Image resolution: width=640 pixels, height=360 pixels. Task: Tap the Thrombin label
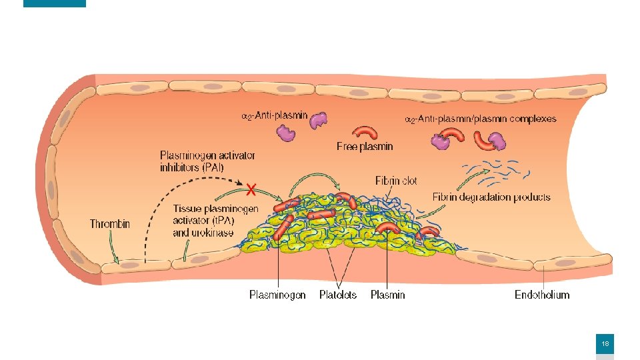[110, 224]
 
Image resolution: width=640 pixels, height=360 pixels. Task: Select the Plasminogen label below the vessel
[277, 294]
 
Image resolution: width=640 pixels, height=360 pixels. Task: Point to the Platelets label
[338, 294]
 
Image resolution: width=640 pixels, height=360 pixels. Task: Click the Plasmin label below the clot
[387, 294]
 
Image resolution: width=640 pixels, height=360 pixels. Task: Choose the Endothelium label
[542, 294]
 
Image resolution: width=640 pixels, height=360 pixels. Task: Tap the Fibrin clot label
[396, 181]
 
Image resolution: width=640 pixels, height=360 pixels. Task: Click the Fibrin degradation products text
[491, 197]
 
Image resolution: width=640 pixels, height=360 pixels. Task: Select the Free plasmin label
[365, 146]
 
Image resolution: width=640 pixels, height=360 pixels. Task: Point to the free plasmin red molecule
[365, 132]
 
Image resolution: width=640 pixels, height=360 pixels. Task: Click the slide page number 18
[605, 344]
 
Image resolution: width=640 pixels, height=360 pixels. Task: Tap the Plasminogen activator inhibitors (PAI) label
[207, 161]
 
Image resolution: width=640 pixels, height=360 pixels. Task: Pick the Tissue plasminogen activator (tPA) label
[215, 215]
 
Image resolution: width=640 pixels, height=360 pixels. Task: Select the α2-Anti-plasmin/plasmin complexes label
[481, 119]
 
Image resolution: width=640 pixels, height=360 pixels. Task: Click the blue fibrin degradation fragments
[500, 171]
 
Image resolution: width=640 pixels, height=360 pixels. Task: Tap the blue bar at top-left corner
[55, 3]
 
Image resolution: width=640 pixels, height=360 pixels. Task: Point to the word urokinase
[213, 233]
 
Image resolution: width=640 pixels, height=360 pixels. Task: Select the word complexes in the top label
[531, 119]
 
